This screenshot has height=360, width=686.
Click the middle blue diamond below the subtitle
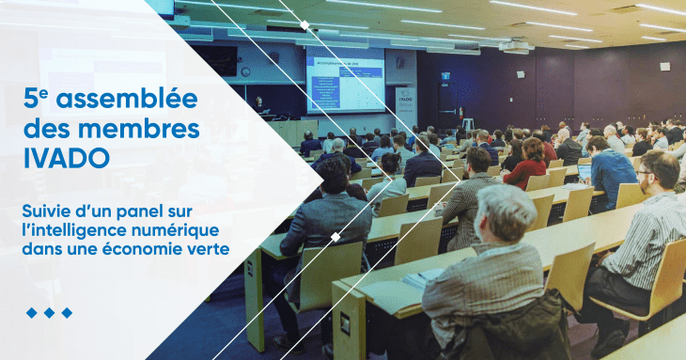[x=49, y=312]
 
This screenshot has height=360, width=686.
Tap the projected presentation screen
[x=345, y=80]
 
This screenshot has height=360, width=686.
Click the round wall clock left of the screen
[x=245, y=71]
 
